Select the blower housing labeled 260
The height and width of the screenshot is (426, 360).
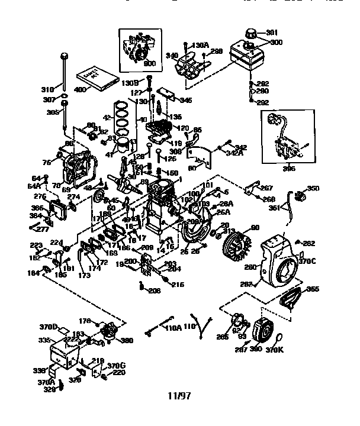click(x=278, y=260)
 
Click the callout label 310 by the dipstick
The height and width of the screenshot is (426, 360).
click(x=47, y=90)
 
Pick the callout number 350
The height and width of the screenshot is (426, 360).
click(x=313, y=188)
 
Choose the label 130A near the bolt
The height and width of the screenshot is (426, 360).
click(x=201, y=45)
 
